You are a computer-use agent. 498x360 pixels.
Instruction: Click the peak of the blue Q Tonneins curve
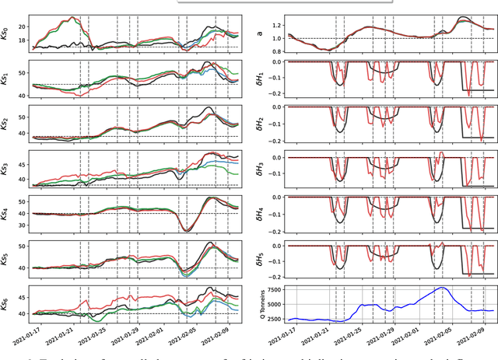[441, 288]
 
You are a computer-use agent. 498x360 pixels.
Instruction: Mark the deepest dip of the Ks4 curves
[187, 230]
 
